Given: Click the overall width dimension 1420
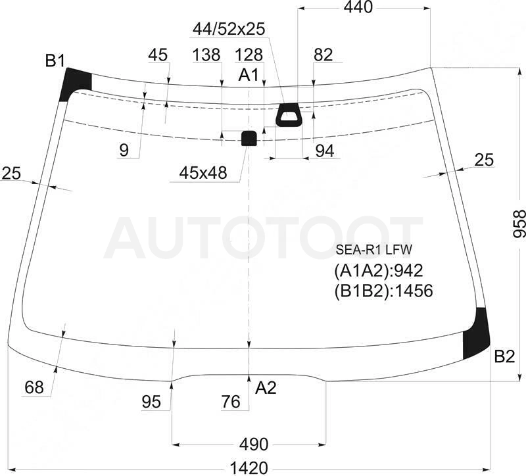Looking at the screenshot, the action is click(x=249, y=468).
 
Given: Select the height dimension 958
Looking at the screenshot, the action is click(x=519, y=224).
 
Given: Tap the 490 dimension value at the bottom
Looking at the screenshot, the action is click(x=254, y=444).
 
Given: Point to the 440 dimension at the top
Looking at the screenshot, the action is click(x=358, y=7).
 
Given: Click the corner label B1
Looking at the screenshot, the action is click(x=55, y=61).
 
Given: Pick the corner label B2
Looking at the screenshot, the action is click(x=504, y=356).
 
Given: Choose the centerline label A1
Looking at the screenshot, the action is click(x=249, y=75).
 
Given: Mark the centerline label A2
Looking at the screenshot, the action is click(x=266, y=388).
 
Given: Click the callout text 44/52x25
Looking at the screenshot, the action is click(x=229, y=29).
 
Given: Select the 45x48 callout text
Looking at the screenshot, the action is click(x=203, y=173).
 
